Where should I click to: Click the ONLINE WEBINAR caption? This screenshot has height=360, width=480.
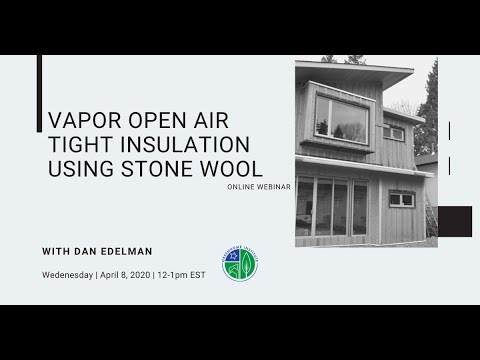point(259,187)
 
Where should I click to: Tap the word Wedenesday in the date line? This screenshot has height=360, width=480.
point(67,275)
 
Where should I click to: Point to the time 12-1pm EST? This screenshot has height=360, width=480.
point(183,275)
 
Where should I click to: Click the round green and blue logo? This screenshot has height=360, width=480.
point(239,263)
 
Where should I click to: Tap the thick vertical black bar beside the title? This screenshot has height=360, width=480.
point(39,94)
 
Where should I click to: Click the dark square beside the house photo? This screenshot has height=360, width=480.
point(455,222)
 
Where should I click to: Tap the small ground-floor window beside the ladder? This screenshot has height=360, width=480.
point(401,199)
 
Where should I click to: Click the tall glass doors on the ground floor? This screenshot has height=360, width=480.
point(333,207)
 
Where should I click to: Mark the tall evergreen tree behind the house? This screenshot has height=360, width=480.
point(429,110)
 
